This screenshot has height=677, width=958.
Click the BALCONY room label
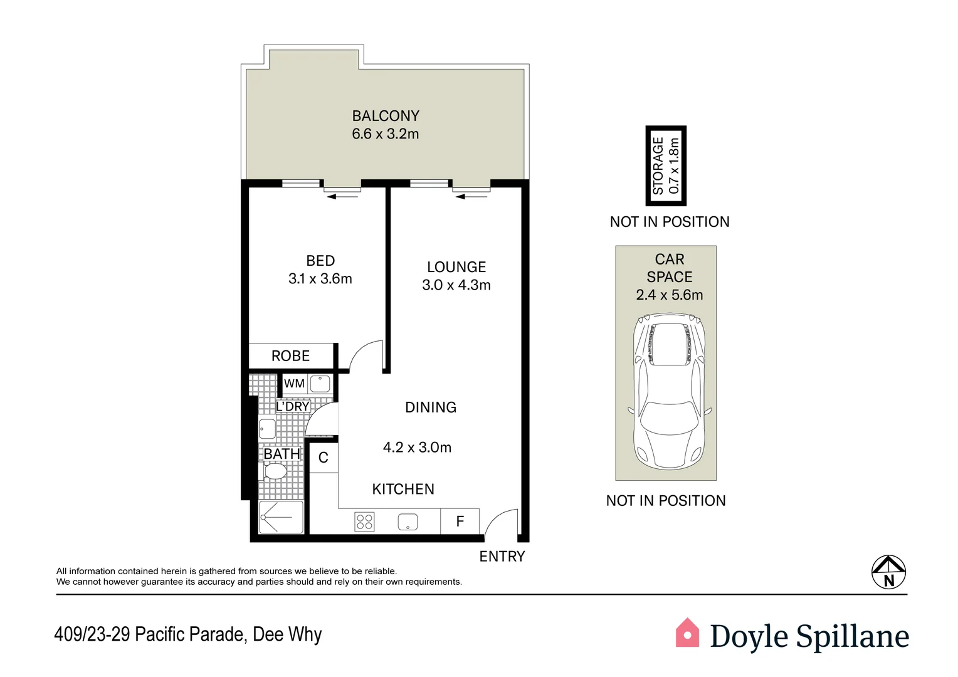click(386, 116)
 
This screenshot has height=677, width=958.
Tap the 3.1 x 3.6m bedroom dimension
click(320, 279)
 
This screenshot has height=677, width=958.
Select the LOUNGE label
click(456, 267)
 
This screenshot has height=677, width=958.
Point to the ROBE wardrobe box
click(291, 356)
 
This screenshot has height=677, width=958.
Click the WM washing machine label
click(294, 384)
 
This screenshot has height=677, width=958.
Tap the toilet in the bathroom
click(275, 471)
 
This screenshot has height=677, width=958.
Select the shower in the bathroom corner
click(282, 517)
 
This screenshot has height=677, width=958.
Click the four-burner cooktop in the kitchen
click(365, 522)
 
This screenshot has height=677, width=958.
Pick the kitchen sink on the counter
click(408, 522)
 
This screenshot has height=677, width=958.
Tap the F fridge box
click(460, 522)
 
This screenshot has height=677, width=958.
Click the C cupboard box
click(324, 458)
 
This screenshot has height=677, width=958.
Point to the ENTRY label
click(502, 557)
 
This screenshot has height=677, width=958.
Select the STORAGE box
click(666, 166)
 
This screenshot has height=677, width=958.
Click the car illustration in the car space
click(669, 392)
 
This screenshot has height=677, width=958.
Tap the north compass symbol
click(888, 572)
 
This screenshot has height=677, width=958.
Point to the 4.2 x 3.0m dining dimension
click(417, 448)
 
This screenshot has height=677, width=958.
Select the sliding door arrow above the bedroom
click(341, 197)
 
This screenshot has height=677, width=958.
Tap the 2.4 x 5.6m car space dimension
click(670, 295)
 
